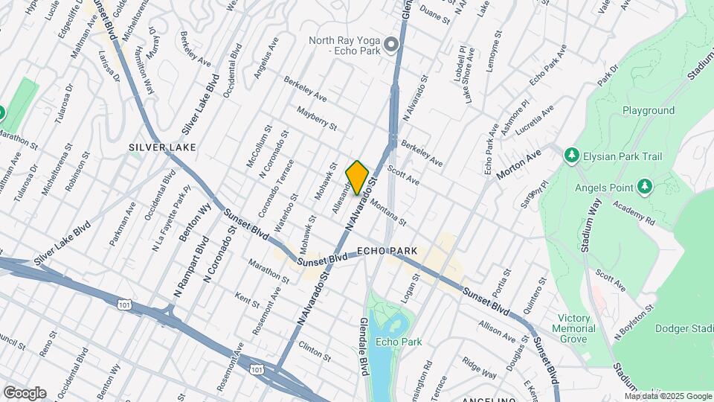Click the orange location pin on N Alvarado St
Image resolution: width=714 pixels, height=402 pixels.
coord(358,177)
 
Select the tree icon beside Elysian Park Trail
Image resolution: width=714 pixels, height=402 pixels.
coord(571,156)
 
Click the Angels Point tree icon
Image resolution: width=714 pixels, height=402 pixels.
coord(644,186)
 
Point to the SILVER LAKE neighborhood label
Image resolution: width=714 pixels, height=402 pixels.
coord(162,147)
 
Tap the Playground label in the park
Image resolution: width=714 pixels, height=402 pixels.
coord(648,111)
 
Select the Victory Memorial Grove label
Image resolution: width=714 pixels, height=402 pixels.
coord(573,328)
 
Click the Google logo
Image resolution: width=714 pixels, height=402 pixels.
coord(25,392)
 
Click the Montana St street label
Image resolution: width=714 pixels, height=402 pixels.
coord(387,211)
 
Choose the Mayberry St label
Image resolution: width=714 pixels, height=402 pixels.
coord(318,118)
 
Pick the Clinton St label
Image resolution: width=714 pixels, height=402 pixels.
coord(314,347)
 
